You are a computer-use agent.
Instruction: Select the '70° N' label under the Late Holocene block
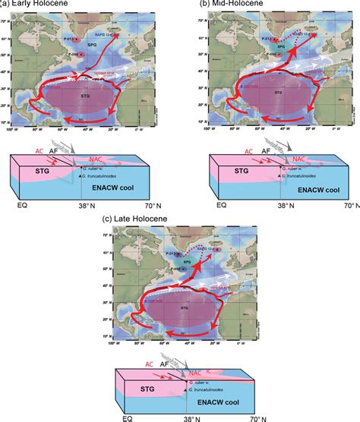click(x=251, y=418)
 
